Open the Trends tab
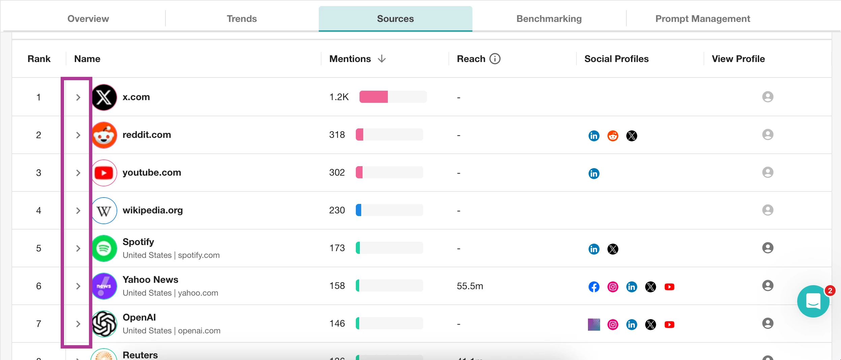pyautogui.click(x=242, y=19)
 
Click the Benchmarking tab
pyautogui.click(x=549, y=19)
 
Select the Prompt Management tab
pyautogui.click(x=703, y=19)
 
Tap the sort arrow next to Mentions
pyautogui.click(x=382, y=59)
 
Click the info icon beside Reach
pyautogui.click(x=495, y=59)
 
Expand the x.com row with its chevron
pyautogui.click(x=78, y=97)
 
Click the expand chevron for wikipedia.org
pyautogui.click(x=78, y=211)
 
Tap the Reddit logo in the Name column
pyautogui.click(x=104, y=135)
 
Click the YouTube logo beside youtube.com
pyautogui.click(x=104, y=173)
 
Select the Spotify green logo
pyautogui.click(x=104, y=248)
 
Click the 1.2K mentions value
pyautogui.click(x=339, y=97)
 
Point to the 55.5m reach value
pyautogui.click(x=470, y=286)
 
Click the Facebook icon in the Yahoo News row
pyautogui.click(x=594, y=287)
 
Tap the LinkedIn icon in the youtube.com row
pyautogui.click(x=594, y=174)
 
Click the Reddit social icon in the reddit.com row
pyautogui.click(x=613, y=136)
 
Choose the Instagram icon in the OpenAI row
pyautogui.click(x=613, y=325)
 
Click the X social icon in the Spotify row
pyautogui.click(x=613, y=249)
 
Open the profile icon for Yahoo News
pyautogui.click(x=768, y=286)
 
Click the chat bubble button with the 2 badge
pyautogui.click(x=813, y=301)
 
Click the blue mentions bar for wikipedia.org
pyautogui.click(x=359, y=210)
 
